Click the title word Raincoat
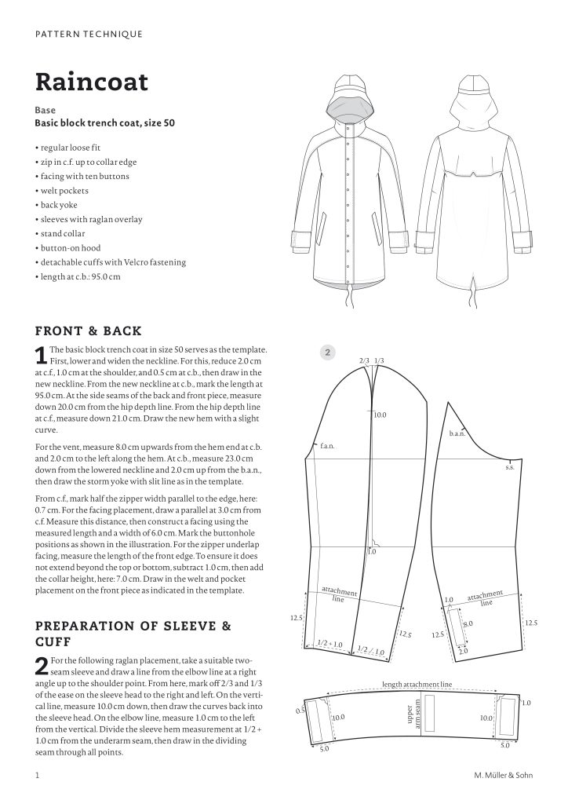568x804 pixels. (x=91, y=81)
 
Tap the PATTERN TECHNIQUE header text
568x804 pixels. (x=89, y=34)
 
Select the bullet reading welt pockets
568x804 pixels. (x=63, y=191)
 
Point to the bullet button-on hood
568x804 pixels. (x=71, y=248)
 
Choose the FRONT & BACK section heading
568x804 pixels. (x=89, y=331)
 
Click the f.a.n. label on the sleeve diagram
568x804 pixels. (x=327, y=446)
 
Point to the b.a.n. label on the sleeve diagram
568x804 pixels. (x=457, y=433)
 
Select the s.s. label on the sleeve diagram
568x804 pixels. (x=508, y=466)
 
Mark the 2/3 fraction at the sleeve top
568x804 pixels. (x=364, y=361)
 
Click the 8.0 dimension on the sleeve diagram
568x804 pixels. (x=468, y=624)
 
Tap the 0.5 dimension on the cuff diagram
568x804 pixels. (x=299, y=711)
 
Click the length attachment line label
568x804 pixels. (x=417, y=685)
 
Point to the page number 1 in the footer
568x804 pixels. (x=37, y=777)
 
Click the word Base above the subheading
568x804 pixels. (x=46, y=111)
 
